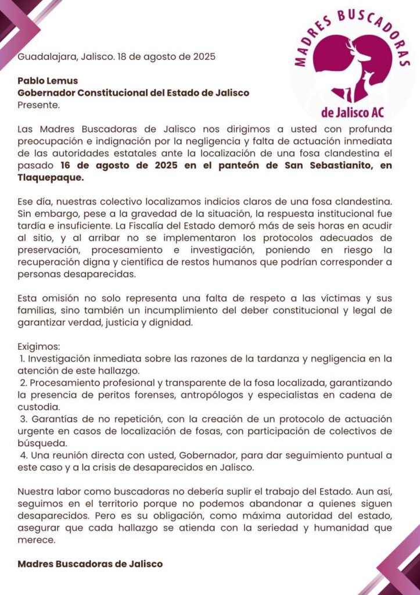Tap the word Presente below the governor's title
tap(38, 105)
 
